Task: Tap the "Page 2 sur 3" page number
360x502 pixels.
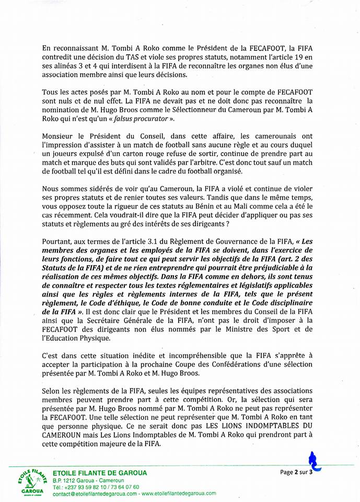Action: (296, 472)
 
